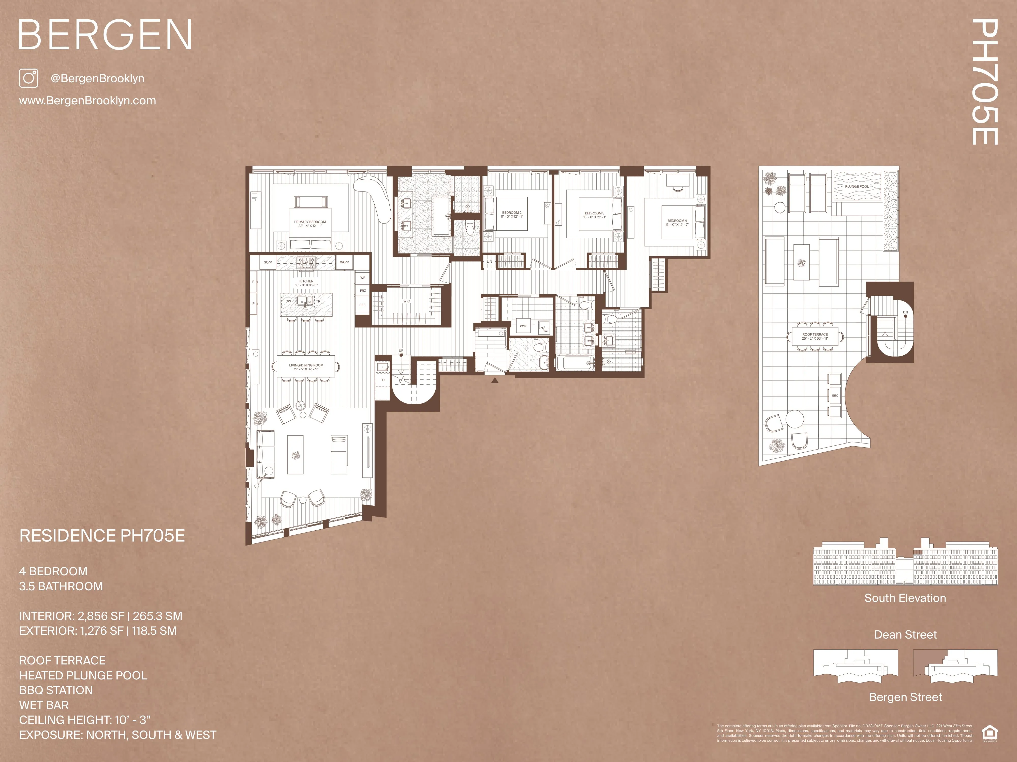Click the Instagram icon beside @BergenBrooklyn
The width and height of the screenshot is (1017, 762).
[28, 78]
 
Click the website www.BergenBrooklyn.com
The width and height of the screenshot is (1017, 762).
[87, 101]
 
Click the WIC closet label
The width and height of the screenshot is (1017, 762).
[406, 301]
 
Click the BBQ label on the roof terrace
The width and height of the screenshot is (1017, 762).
[835, 395]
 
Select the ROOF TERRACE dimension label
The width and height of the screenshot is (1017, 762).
[815, 336]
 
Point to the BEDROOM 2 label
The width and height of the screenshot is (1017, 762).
[512, 214]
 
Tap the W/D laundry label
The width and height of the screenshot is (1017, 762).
[523, 326]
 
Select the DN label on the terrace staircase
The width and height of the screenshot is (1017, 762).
[905, 312]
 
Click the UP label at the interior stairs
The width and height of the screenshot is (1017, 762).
[401, 351]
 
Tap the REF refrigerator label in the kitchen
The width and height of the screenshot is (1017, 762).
[362, 305]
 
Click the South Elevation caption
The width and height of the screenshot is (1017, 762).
[905, 598]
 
